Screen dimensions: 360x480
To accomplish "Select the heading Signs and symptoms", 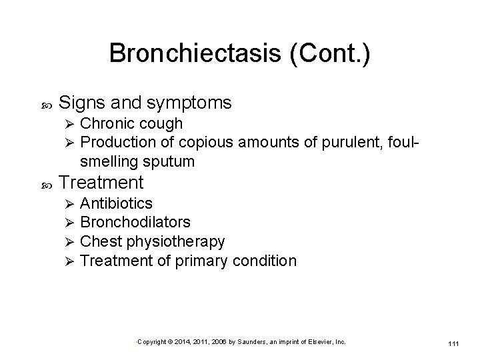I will coord(145,103).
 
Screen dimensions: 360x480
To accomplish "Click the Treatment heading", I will coord(101,182).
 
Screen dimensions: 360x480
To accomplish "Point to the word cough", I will coord(160,124).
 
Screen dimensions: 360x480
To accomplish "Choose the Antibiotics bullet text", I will coord(116,203).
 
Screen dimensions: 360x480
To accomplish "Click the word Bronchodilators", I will coord(135,222).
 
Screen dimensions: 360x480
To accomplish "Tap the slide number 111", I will coord(453,343).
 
